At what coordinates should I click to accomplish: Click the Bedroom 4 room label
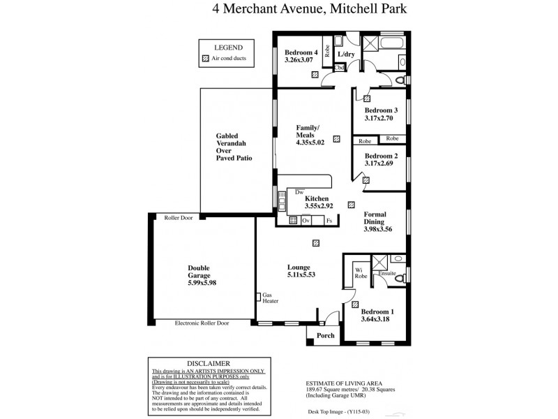[x=301, y=52]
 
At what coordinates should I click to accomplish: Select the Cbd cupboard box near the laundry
[x=340, y=68]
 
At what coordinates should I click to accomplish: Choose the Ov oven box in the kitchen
[x=306, y=221]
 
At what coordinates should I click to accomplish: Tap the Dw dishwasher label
[x=299, y=191]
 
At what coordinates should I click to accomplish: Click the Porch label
[x=326, y=336]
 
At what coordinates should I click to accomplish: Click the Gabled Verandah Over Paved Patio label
[x=234, y=147]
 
